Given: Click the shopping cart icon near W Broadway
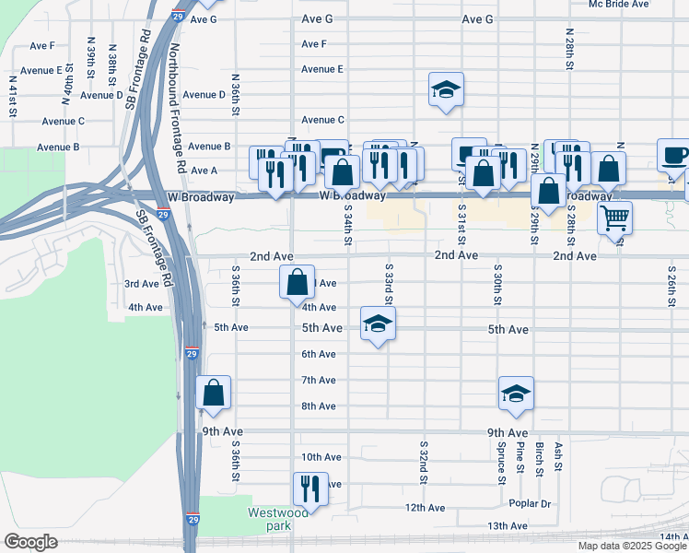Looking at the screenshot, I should [614, 218].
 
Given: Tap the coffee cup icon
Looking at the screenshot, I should [673, 155].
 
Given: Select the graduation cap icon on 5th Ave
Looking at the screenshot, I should [378, 324].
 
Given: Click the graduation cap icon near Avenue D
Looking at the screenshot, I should [446, 90].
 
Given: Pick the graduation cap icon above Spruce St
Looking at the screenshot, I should [517, 394].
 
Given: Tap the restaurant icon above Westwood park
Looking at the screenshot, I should [310, 488].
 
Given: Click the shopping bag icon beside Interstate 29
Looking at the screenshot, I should [214, 393].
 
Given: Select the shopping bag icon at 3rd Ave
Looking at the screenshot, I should [298, 282].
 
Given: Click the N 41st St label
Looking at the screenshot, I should [14, 95].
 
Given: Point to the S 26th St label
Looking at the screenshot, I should [671, 286].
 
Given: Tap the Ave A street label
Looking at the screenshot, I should [202, 171].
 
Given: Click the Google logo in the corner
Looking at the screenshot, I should [31, 542].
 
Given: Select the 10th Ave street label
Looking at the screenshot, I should [321, 457].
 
